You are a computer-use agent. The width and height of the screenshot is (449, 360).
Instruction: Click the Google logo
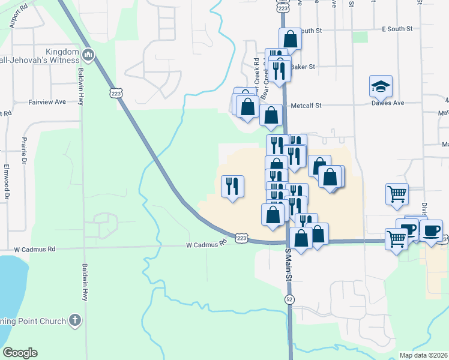click(20, 353)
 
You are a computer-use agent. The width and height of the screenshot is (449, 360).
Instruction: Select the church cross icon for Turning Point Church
click(75, 321)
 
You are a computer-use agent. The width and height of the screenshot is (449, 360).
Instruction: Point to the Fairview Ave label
click(47, 103)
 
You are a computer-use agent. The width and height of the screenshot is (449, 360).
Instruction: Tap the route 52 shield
click(290, 299)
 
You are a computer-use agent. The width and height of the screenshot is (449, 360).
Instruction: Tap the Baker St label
click(303, 67)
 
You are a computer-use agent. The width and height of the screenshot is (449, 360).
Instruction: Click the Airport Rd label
click(19, 19)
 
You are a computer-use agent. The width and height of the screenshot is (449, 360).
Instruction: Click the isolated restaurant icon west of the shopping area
click(232, 185)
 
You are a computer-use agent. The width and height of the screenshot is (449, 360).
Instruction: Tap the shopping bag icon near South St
click(290, 40)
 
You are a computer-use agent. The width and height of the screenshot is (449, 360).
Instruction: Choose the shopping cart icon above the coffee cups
click(397, 194)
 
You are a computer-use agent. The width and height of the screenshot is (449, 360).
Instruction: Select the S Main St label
click(289, 265)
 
